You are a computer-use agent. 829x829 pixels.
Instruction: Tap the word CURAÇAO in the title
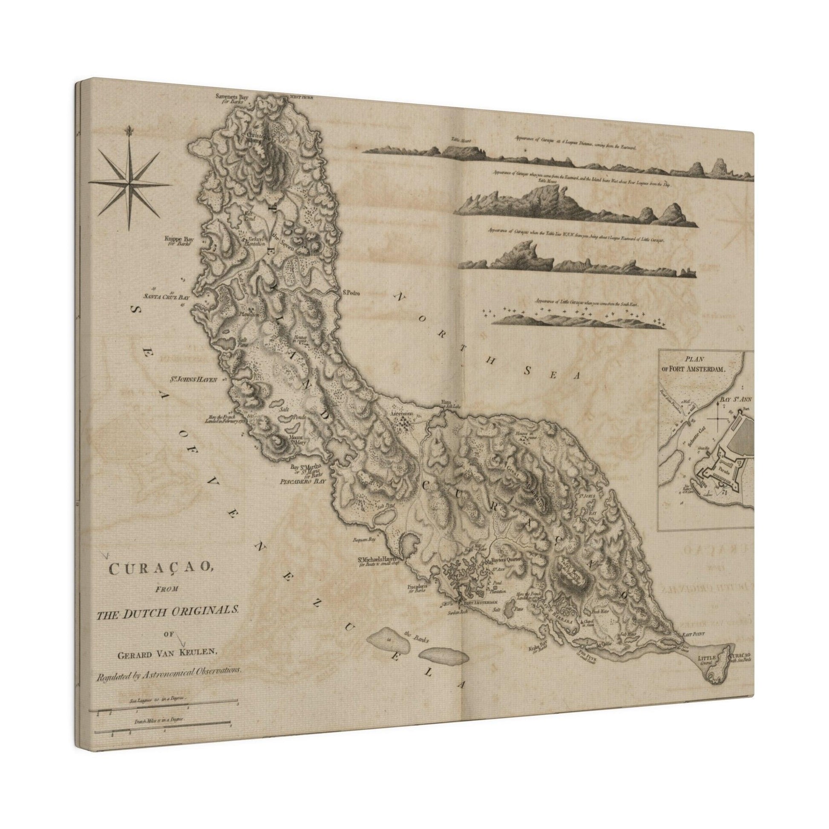tap(160, 569)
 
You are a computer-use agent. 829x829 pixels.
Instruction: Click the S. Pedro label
tap(350, 294)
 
